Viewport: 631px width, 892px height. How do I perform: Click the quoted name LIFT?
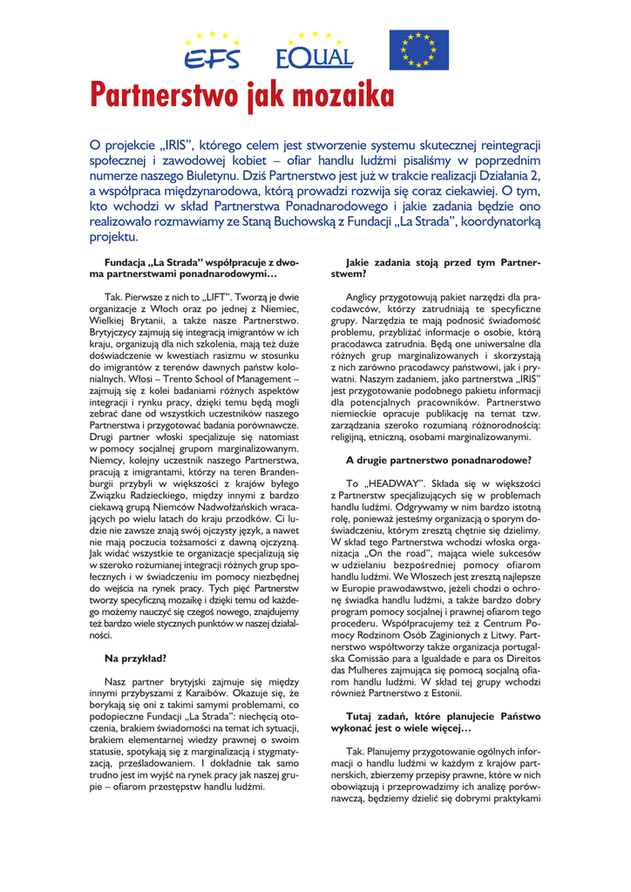(x=198, y=296)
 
